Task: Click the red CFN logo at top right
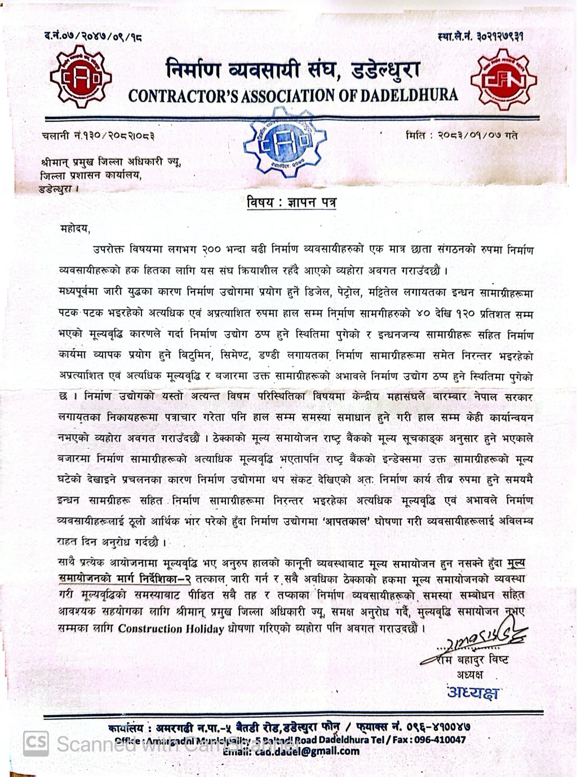tap(503, 80)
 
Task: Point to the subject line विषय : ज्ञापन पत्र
tap(291, 202)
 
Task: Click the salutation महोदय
tap(74, 228)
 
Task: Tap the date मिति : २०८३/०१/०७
tap(461, 135)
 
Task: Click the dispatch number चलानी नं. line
tap(98, 135)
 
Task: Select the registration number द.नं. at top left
tap(93, 37)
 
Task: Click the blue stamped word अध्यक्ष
tap(473, 692)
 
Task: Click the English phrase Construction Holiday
tap(171, 629)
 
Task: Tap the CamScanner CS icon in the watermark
tap(35, 743)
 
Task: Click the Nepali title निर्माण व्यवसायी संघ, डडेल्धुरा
tap(292, 70)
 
